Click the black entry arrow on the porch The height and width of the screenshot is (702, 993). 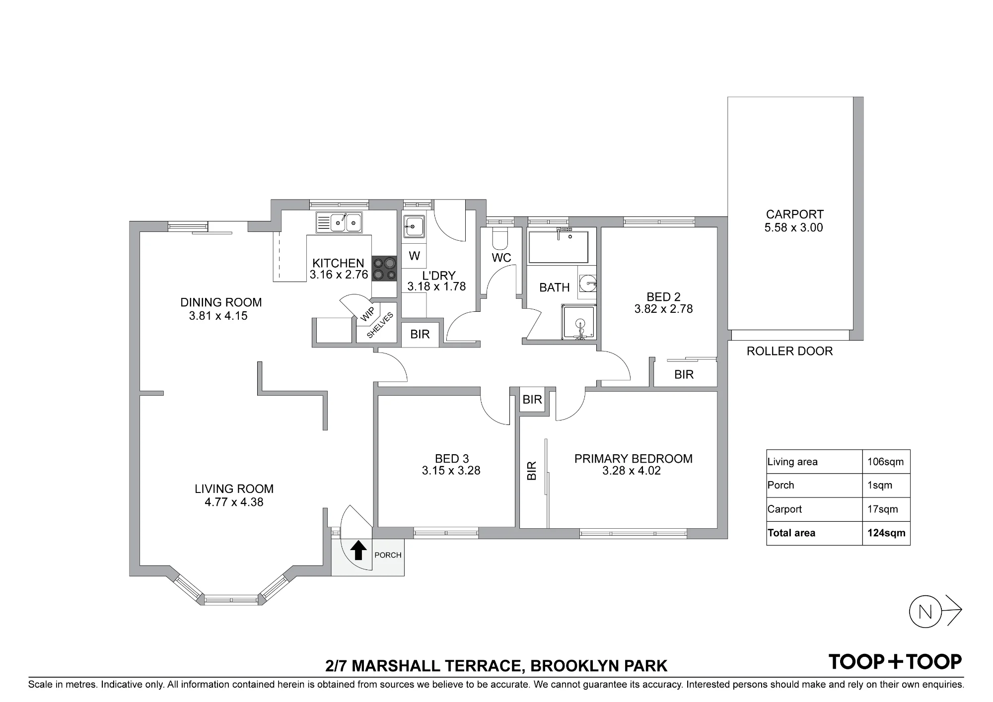pos(358,550)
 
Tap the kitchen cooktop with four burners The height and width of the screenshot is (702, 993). pos(384,269)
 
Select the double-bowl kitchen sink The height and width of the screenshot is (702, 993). pos(339,222)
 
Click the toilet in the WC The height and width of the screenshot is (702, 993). pos(500,239)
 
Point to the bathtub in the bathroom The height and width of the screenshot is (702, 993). pos(559,246)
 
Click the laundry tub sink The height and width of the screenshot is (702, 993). pos(414,227)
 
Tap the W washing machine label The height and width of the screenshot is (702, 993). pos(415,256)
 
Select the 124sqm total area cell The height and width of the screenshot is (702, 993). pos(886,533)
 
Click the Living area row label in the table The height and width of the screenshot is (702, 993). pos(792,462)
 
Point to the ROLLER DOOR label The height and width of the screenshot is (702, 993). pos(789,351)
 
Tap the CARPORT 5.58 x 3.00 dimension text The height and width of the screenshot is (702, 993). pos(794,227)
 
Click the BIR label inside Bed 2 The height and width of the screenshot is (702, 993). pos(684,374)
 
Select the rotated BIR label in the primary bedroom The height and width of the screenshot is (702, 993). pos(531,471)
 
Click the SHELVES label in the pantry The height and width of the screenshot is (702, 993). pos(380,325)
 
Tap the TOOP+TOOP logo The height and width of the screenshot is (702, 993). pos(895,662)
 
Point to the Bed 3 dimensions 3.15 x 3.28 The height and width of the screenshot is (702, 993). pos(451,471)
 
